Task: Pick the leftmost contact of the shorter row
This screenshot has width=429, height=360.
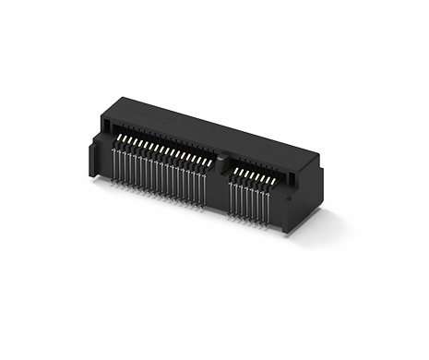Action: coord(233,171)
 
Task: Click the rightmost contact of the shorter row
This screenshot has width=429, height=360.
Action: coord(276,183)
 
